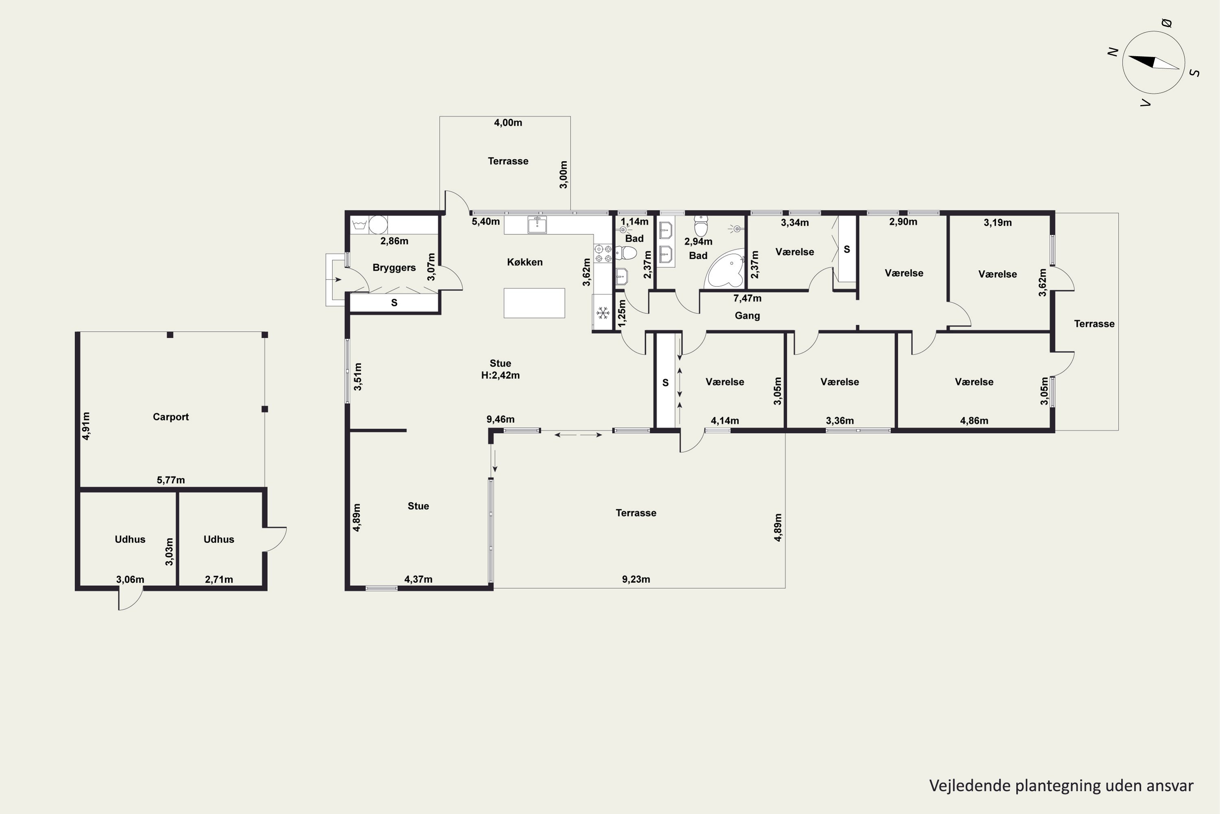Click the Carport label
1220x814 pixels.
point(171,417)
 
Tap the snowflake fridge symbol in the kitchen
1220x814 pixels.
point(603,313)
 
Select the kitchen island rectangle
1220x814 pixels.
point(534,303)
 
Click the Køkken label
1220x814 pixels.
point(525,262)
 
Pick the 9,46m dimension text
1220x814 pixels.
point(501,419)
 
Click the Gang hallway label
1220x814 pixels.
point(747,316)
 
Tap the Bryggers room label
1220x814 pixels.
point(394,268)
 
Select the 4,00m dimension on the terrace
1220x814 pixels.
point(508,123)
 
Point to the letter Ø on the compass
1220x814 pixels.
point(1167,23)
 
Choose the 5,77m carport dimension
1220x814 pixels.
point(171,480)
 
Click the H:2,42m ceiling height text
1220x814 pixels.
point(501,375)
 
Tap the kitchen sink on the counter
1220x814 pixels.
point(537,225)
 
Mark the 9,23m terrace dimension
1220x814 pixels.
point(636,579)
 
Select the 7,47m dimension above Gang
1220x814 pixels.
point(747,298)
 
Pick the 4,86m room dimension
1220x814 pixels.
point(974,421)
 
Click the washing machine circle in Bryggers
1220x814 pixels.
point(378,225)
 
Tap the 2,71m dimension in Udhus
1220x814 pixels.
point(219,579)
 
